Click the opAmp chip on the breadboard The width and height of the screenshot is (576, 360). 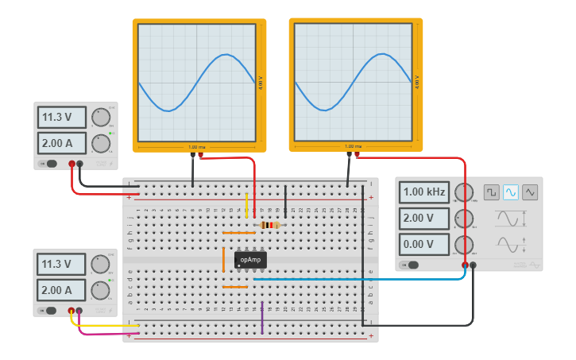(250, 260)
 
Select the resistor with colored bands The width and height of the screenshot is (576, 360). (270, 225)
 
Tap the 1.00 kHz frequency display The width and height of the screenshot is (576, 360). (425, 192)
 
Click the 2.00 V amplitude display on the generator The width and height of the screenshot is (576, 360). (425, 218)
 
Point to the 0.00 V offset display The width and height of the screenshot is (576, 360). (425, 243)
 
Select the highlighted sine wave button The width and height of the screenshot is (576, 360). (511, 192)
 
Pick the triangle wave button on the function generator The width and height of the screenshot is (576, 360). (530, 192)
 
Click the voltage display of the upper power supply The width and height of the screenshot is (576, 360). (62, 118)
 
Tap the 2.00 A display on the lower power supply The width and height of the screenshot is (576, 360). (62, 290)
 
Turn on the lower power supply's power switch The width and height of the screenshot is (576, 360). (49, 311)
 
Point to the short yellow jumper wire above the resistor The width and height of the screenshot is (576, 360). (246, 205)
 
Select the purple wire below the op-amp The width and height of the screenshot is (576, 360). (262, 316)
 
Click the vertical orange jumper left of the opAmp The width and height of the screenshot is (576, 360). (223, 260)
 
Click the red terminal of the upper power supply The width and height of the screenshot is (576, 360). (72, 164)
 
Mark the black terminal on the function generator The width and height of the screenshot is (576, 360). (474, 265)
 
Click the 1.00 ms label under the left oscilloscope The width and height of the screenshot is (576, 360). (197, 147)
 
